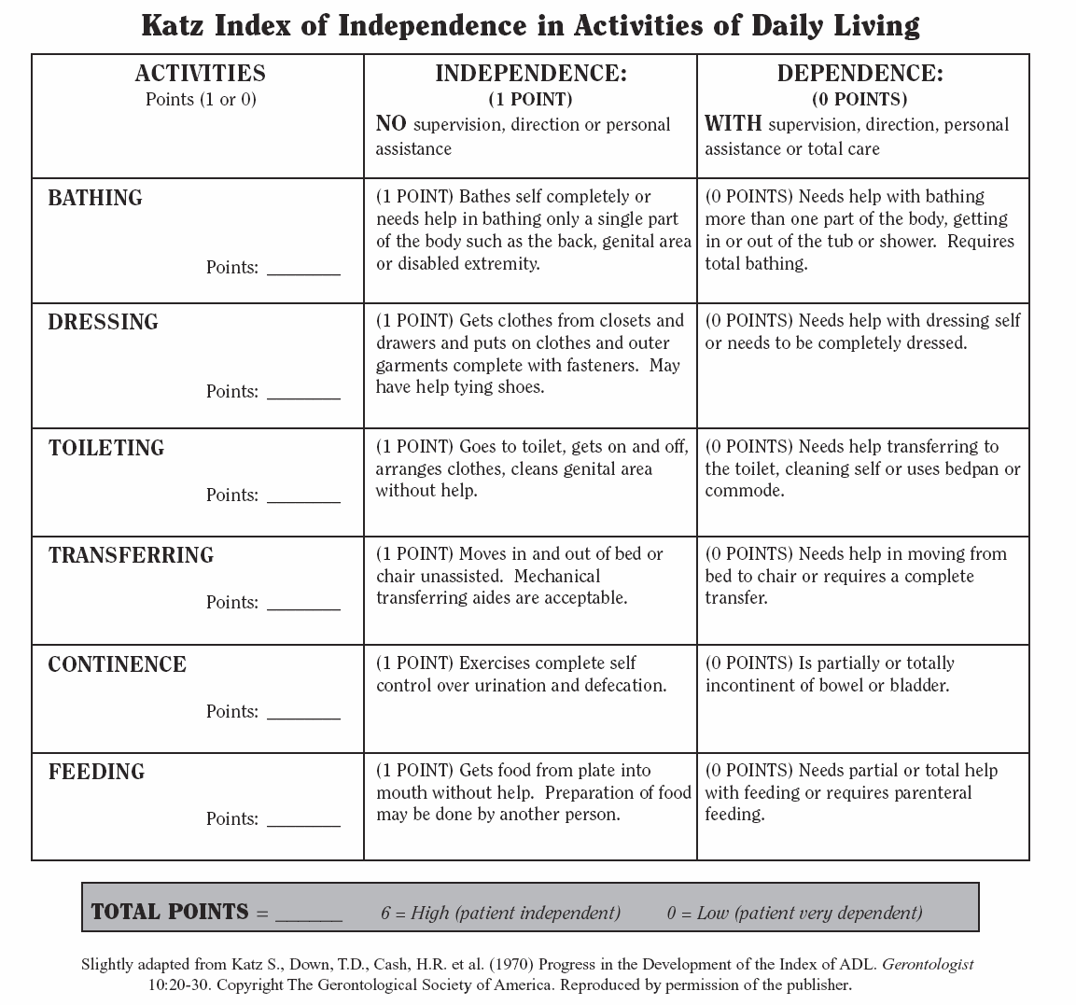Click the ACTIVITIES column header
coord(200,74)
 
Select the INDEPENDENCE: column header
coord(530,74)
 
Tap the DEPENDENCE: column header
coord(859,74)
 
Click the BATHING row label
coord(95,198)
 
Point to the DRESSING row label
coord(103,322)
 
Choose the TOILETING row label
coord(106,448)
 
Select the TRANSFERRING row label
coord(131,555)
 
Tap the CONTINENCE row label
coord(117,664)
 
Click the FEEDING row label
coord(96,772)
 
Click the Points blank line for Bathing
coord(303,272)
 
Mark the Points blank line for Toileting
coord(303,499)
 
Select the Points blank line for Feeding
coord(303,823)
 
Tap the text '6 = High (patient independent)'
coord(500,913)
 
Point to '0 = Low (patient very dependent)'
coord(794,913)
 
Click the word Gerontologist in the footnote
coord(928,964)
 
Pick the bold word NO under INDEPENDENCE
coord(390,123)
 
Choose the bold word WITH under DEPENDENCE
coord(733,123)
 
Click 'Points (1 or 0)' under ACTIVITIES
coord(201,99)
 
